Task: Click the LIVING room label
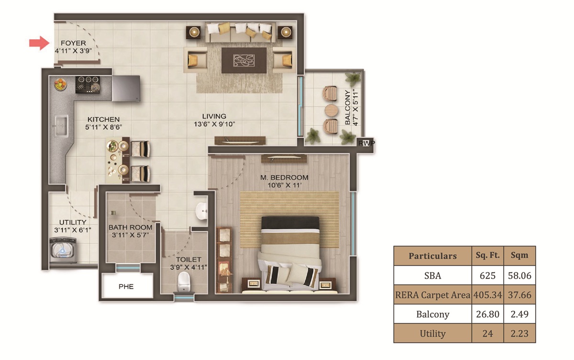[214, 116]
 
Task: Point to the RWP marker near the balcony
[366, 143]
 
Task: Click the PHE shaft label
[126, 287]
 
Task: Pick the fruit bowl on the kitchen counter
[60, 84]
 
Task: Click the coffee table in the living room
[244, 60]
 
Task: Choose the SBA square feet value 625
[487, 276]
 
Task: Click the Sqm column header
[519, 255]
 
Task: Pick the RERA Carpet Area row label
[432, 295]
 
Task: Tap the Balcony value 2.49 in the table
[519, 315]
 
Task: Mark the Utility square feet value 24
[487, 334]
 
